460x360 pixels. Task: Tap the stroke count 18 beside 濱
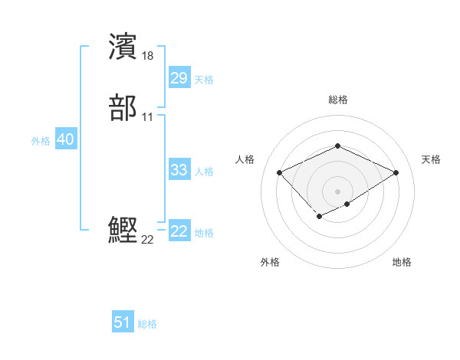click(x=148, y=55)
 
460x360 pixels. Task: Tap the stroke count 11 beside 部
click(x=148, y=116)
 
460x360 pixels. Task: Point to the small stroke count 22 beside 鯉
click(x=148, y=239)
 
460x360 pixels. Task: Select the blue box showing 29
click(x=179, y=78)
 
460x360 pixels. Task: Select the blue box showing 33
click(x=179, y=170)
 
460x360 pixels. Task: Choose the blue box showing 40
click(x=65, y=139)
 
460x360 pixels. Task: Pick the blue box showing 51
click(x=123, y=322)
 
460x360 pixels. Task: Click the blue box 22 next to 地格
click(x=179, y=231)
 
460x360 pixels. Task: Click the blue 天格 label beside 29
click(x=204, y=80)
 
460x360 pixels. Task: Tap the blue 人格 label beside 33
click(x=204, y=172)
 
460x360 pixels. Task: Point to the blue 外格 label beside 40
click(x=41, y=141)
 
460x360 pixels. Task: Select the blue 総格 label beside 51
click(x=147, y=324)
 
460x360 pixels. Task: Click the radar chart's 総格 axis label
click(x=337, y=100)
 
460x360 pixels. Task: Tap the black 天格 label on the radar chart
click(x=431, y=159)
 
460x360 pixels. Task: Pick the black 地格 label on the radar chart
click(x=402, y=262)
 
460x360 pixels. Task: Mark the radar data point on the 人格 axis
click(x=280, y=172)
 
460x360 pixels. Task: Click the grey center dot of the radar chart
click(x=337, y=191)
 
